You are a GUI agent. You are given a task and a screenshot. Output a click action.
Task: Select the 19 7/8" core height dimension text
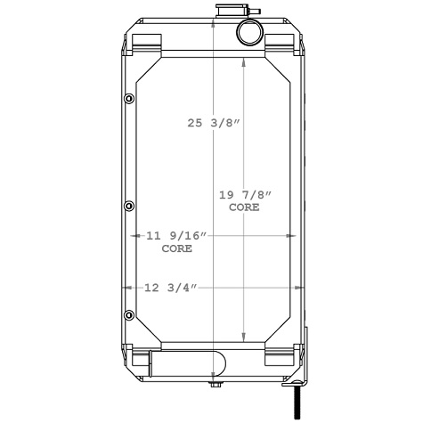244,194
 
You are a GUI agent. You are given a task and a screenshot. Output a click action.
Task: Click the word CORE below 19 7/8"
244,207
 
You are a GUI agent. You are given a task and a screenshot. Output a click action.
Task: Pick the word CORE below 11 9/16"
176,248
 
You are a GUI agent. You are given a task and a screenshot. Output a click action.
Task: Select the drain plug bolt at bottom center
214,385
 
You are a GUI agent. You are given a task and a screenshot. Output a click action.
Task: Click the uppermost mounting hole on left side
129,98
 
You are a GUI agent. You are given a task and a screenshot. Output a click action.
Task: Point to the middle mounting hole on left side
129,206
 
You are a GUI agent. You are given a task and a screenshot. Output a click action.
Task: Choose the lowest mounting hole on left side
129,314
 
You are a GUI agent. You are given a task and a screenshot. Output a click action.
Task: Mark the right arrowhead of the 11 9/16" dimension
290,236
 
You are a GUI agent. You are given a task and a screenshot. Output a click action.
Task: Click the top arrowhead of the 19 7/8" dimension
246,71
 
